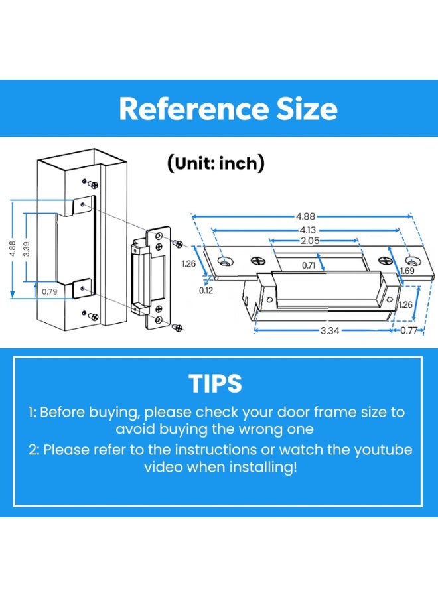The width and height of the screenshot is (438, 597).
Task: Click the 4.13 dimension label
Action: pyautogui.click(x=307, y=230)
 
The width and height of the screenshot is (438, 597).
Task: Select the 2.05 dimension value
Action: pyautogui.click(x=310, y=241)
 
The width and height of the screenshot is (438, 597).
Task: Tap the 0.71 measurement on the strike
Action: pyautogui.click(x=309, y=265)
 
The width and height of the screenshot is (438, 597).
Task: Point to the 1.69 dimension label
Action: pyautogui.click(x=407, y=271)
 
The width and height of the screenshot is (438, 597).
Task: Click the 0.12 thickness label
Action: pyautogui.click(x=206, y=291)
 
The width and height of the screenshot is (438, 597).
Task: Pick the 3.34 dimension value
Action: pyautogui.click(x=329, y=330)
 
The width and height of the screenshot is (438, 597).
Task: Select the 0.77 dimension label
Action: pyautogui.click(x=409, y=330)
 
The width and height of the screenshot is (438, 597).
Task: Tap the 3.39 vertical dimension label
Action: pyautogui.click(x=27, y=249)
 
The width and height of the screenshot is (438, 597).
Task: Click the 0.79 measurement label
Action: pyautogui.click(x=50, y=291)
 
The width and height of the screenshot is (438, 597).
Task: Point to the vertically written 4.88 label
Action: pyautogui.click(x=12, y=249)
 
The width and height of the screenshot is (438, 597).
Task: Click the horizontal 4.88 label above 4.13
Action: pyautogui.click(x=305, y=216)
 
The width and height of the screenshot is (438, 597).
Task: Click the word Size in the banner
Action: pyautogui.click(x=307, y=109)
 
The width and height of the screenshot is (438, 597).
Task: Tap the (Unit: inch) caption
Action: pyautogui.click(x=216, y=163)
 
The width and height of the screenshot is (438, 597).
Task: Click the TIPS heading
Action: pyautogui.click(x=215, y=383)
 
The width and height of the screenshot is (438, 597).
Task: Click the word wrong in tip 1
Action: pyautogui.click(x=261, y=429)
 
